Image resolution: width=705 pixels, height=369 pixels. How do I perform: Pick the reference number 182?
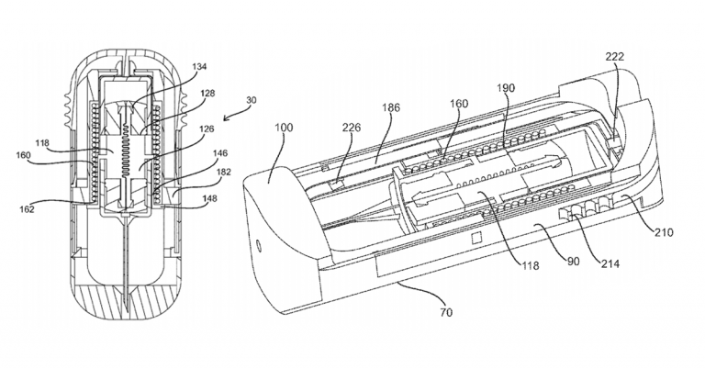(224, 172)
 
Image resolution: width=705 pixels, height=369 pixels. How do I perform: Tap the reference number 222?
(614, 57)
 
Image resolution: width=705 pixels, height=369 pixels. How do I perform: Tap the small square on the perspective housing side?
(476, 240)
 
